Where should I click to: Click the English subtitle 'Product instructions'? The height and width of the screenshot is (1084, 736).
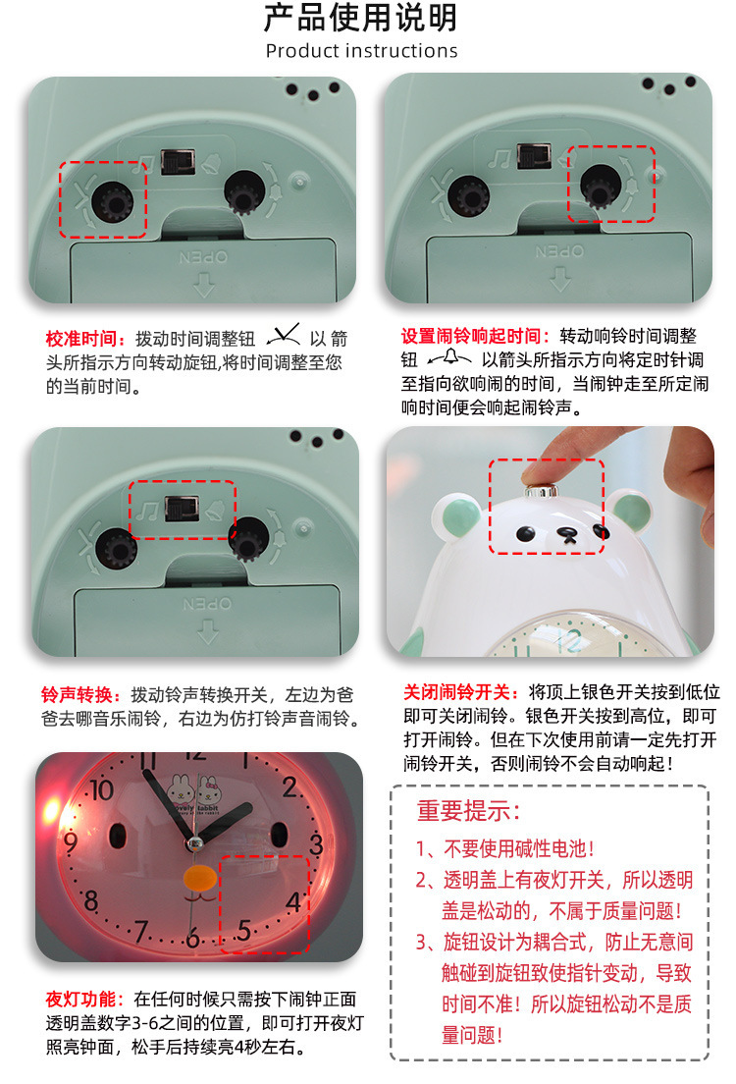[361, 51]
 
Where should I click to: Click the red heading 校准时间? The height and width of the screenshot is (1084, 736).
[80, 339]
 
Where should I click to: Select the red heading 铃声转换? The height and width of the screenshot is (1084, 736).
[77, 695]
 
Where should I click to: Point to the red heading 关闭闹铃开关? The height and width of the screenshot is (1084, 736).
[456, 692]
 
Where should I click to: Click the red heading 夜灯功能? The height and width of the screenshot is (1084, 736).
[80, 999]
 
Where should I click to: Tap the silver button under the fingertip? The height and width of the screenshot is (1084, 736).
[541, 491]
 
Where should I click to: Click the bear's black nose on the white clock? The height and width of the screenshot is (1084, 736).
[567, 534]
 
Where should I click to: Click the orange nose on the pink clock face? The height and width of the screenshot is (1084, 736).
[200, 878]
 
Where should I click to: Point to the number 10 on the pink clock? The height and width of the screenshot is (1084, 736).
[101, 789]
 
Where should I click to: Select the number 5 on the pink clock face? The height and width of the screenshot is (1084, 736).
[244, 931]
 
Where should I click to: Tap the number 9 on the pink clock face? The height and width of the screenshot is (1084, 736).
[71, 842]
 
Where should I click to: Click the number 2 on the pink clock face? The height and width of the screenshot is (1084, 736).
[289, 786]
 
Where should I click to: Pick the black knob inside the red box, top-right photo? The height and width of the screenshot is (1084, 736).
[601, 186]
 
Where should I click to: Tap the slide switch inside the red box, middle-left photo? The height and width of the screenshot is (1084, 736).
[182, 509]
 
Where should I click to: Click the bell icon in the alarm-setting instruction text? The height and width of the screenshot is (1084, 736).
[449, 357]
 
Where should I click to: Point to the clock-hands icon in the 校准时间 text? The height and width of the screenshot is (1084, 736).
[284, 335]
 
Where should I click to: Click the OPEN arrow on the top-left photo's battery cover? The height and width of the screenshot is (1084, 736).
[204, 284]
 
